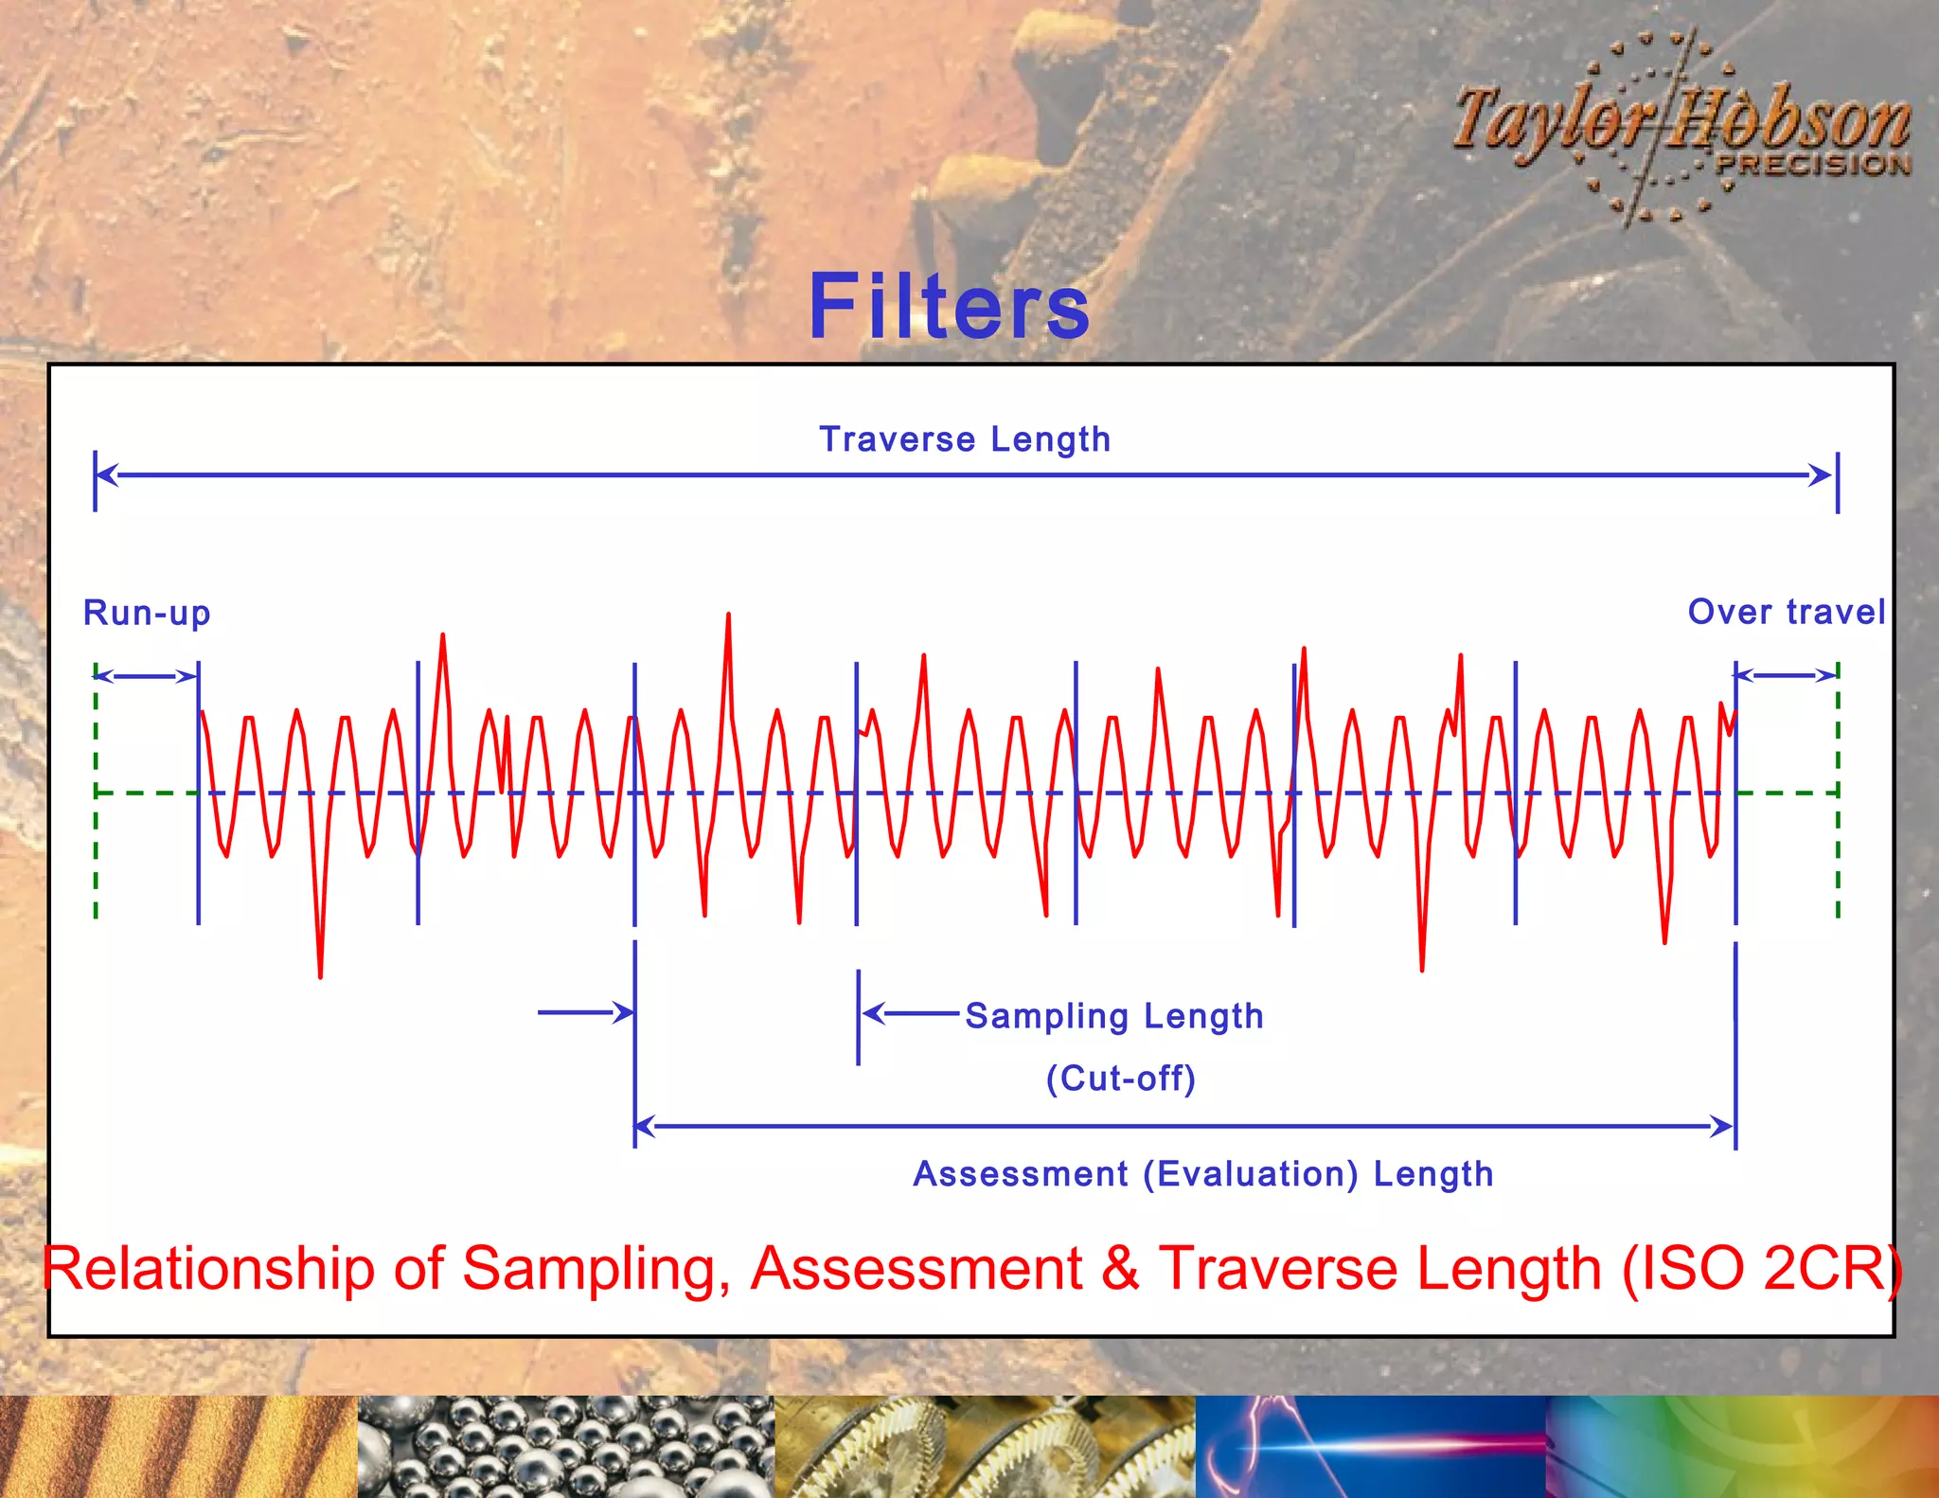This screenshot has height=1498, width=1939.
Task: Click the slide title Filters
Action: point(950,306)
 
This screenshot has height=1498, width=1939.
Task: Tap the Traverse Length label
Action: point(964,439)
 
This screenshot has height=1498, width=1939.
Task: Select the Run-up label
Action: point(147,613)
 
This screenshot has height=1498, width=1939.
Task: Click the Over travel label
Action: point(1787,612)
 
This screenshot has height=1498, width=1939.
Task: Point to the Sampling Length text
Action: point(1114,1016)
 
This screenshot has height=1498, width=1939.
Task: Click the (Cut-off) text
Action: point(1121,1079)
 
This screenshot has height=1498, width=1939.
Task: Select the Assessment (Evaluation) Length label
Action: point(1202,1174)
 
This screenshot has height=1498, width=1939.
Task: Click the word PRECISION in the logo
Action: point(1813,164)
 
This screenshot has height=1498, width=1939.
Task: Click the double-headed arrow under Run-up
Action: point(146,676)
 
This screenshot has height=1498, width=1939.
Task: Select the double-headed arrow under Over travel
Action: point(1787,675)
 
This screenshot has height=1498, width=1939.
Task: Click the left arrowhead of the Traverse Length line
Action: point(107,475)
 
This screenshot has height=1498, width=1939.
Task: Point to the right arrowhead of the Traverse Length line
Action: point(1820,475)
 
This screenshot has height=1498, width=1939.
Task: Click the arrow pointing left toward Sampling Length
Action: point(909,1013)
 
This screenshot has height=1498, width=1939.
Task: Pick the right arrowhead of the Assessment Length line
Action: point(1721,1127)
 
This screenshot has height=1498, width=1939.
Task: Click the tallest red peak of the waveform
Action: point(728,616)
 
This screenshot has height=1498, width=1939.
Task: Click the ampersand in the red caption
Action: point(1120,1269)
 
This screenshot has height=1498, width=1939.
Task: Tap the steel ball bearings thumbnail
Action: point(565,1447)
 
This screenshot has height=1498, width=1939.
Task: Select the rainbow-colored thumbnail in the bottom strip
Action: point(1742,1447)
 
